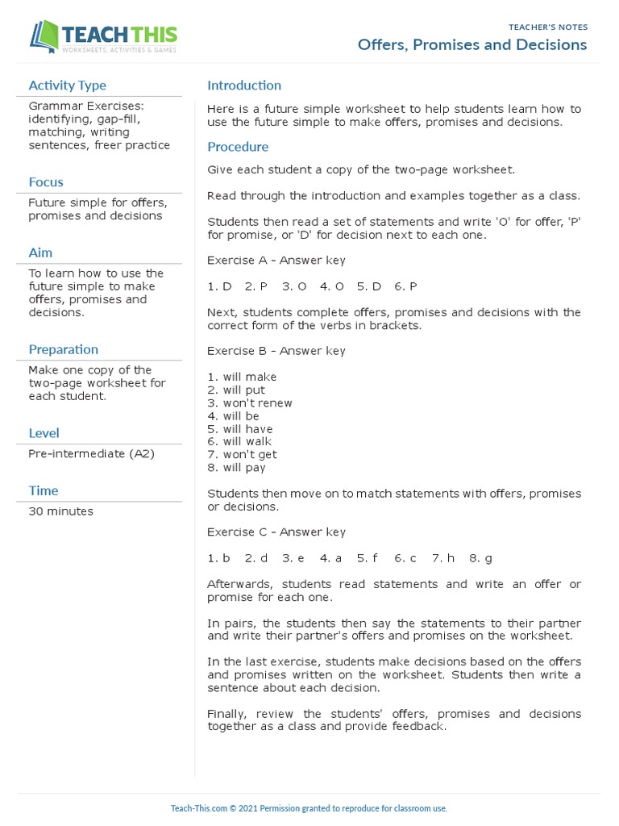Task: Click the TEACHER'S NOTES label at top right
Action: point(547,27)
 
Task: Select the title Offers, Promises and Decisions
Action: point(472,45)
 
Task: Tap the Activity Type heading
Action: point(67,86)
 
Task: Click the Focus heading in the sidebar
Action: point(46,182)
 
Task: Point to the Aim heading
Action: point(40,253)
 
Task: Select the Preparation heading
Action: point(64,349)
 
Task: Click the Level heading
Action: point(44,433)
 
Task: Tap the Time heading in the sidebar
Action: point(44,490)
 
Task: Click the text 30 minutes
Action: point(60,511)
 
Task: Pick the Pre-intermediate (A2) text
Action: point(91,453)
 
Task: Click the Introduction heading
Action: point(244,86)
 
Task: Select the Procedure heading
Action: point(238,147)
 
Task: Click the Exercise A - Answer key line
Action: point(276,261)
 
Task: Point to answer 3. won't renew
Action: point(250,403)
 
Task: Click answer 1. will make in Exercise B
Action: point(242,377)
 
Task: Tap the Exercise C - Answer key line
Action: point(276,532)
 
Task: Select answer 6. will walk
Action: point(239,442)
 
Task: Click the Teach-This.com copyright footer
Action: point(309,808)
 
